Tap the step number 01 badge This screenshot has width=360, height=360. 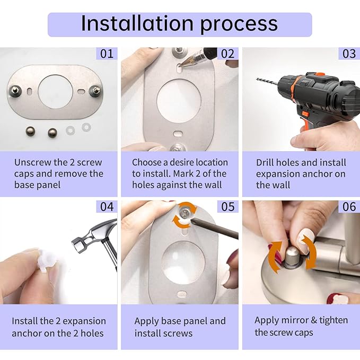coord(107,54)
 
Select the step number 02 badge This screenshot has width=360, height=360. coord(227,54)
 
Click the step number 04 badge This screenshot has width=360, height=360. coord(107,206)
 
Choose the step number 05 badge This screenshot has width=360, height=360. coord(227,206)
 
